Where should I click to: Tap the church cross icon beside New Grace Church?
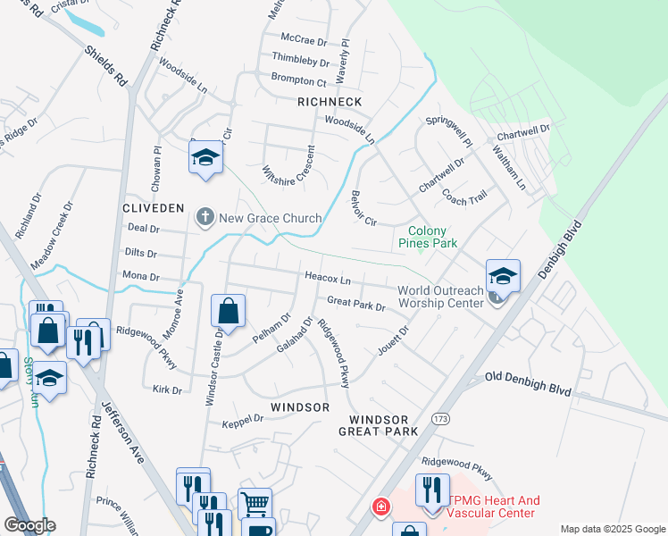tap(205, 217)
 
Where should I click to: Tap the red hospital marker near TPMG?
tap(381, 507)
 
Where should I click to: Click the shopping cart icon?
tap(255, 503)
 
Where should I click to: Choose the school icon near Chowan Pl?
tap(205, 158)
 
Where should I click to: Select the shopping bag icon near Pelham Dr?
tap(228, 312)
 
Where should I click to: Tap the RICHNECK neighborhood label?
tap(330, 103)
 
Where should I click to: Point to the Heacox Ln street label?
tap(328, 279)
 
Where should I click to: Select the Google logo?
tap(29, 525)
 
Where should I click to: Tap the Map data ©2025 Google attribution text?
tap(612, 529)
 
